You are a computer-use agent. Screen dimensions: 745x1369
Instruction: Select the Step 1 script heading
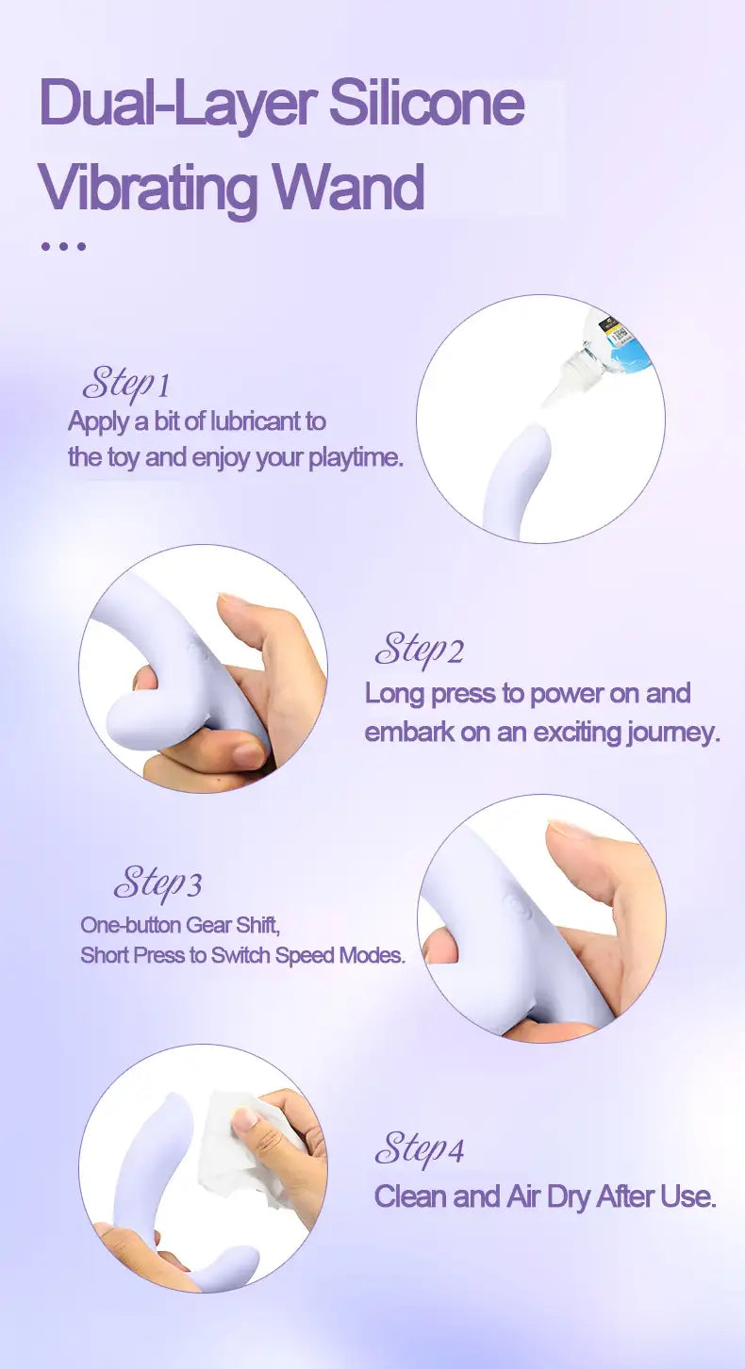click(x=126, y=384)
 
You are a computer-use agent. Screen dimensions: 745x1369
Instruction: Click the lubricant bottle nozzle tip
click(x=547, y=402)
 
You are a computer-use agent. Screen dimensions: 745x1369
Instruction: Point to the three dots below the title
click(x=63, y=247)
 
